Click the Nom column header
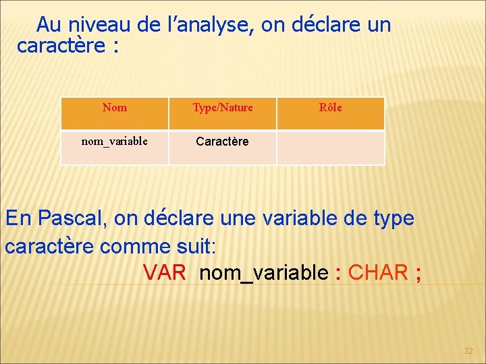[114, 107]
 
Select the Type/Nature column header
[223, 107]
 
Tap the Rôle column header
[331, 107]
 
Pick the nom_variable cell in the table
[114, 141]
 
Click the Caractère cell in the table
[222, 142]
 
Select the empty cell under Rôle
[331, 148]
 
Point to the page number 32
[468, 351]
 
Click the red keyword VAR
[164, 272]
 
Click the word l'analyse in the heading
[210, 25]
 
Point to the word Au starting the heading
[49, 25]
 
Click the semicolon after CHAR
[419, 273]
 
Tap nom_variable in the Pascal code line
[265, 272]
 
